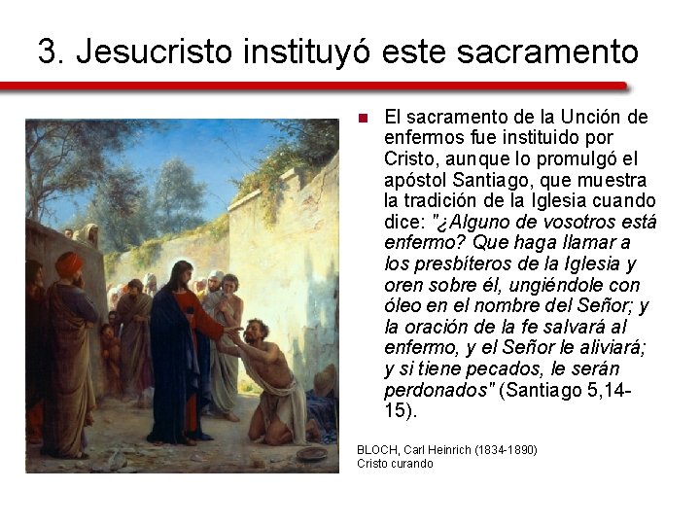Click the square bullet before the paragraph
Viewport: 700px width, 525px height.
pyautogui.click(x=362, y=119)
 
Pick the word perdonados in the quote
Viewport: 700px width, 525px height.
pyautogui.click(x=438, y=390)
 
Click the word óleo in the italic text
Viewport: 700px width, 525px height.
pyautogui.click(x=403, y=306)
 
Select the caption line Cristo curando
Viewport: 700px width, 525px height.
pyautogui.click(x=395, y=464)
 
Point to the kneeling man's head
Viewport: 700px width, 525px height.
pyautogui.click(x=254, y=331)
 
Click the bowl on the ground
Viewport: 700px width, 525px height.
pyautogui.click(x=311, y=454)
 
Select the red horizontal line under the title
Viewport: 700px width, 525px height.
pyautogui.click(x=340, y=86)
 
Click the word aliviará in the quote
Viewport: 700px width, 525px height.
pyautogui.click(x=612, y=348)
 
